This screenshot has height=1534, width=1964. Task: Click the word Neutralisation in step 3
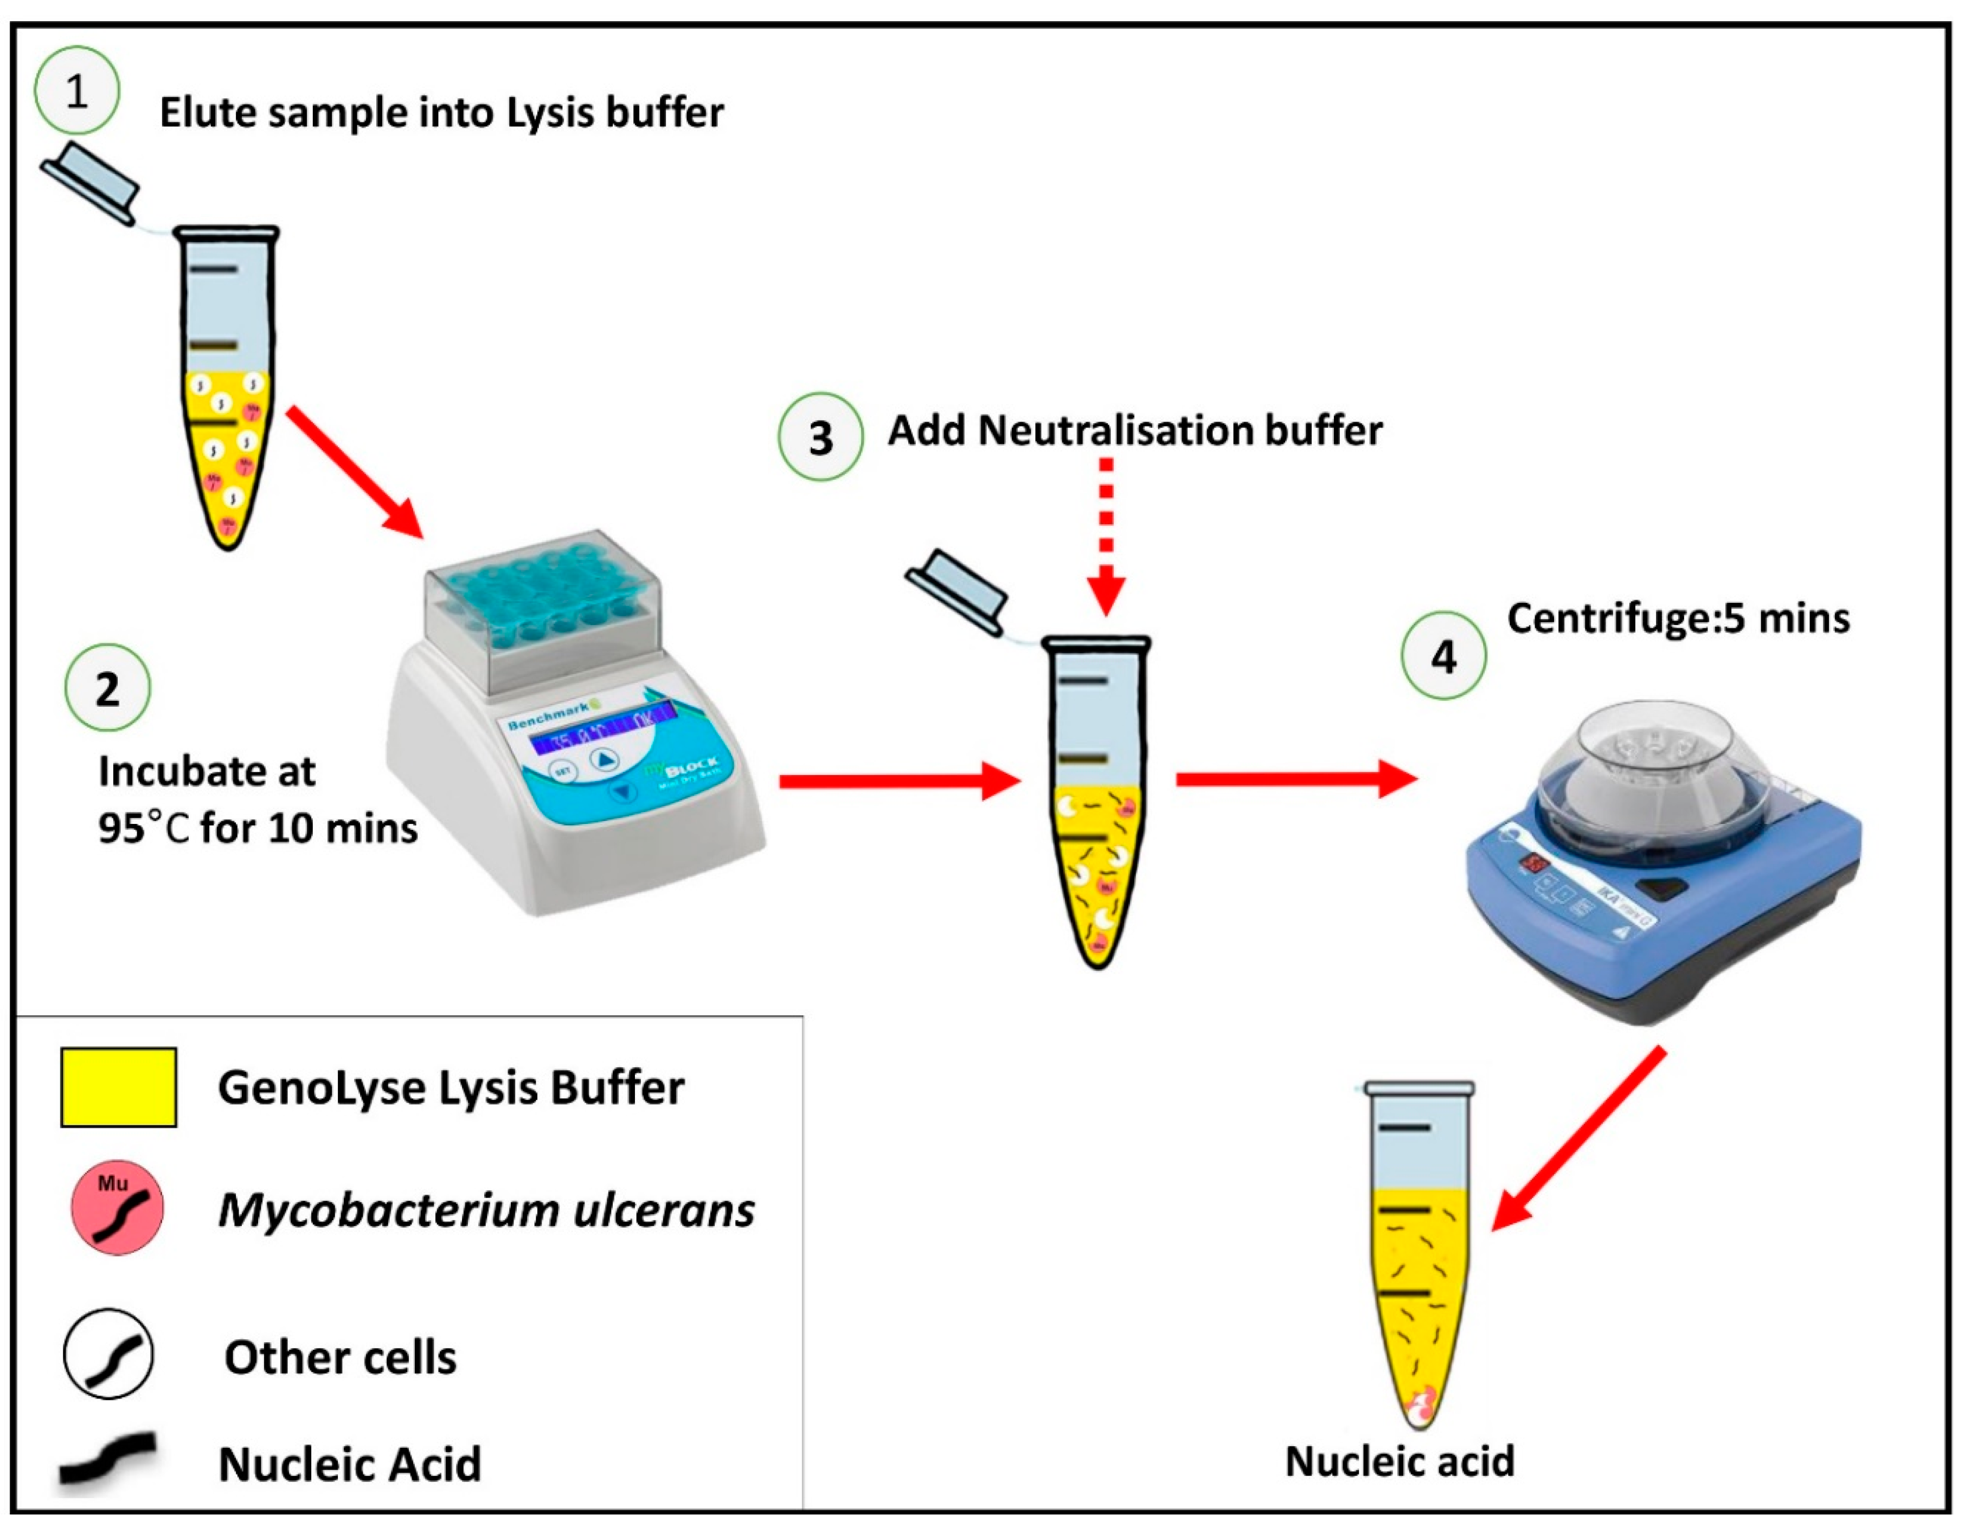click(x=1115, y=431)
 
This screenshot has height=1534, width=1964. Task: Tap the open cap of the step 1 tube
click(x=90, y=182)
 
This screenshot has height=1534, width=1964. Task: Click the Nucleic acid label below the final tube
click(x=1400, y=1461)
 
